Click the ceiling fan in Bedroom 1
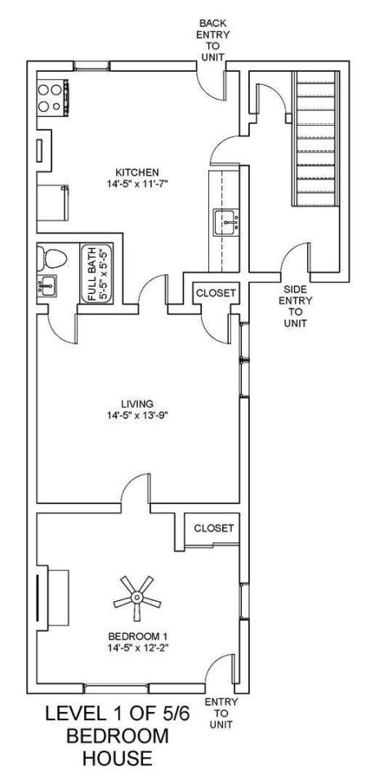point(136,597)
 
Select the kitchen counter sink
point(226,222)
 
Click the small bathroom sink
point(47,286)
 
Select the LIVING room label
point(136,403)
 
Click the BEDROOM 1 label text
point(137,636)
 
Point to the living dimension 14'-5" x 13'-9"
point(136,415)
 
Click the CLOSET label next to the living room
point(215,293)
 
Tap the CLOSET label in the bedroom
point(213,528)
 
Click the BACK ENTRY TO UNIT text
point(213,40)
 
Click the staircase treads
point(315,138)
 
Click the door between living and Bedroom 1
point(135,489)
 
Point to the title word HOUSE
point(118,759)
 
